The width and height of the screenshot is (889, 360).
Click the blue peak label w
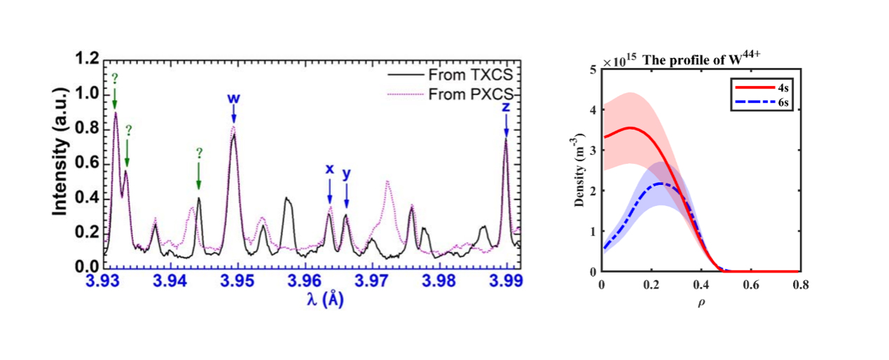234,98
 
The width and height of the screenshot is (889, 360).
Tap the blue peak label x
329,169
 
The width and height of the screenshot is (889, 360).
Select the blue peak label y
346,173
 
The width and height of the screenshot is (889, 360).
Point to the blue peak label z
506,107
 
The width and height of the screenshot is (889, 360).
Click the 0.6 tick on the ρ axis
751,286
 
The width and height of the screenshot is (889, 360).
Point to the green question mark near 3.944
199,152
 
